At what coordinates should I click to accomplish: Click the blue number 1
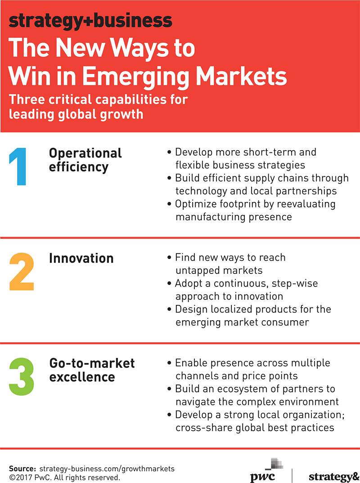(18, 166)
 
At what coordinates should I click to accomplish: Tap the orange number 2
(22, 272)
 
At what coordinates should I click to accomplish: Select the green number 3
(22, 377)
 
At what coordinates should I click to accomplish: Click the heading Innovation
(81, 258)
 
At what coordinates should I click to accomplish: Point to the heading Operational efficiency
(85, 160)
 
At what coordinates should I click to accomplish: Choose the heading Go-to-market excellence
(92, 370)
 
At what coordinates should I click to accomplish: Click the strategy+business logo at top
(90, 21)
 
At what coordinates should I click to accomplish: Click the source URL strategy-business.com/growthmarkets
(107, 469)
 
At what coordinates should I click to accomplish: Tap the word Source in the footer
(22, 469)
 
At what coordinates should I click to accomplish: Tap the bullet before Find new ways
(169, 258)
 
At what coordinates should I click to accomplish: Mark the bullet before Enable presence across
(169, 363)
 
